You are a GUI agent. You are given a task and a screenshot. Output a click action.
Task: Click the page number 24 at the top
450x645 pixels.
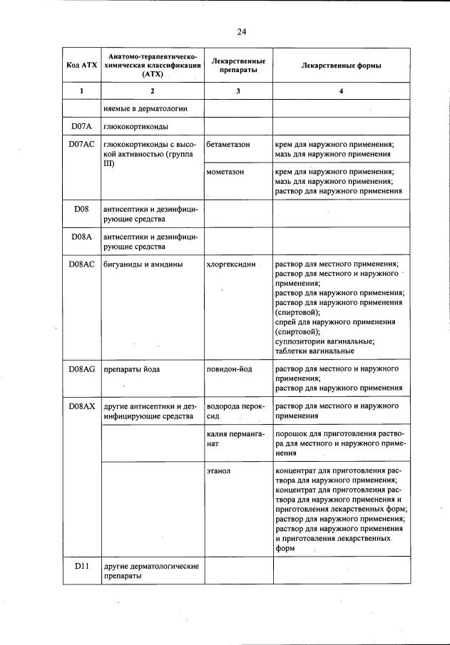coord(241,31)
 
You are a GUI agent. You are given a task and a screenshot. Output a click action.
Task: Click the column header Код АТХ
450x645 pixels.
coord(82,66)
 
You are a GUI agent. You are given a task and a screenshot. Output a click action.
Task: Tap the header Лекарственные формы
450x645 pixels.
coord(342,66)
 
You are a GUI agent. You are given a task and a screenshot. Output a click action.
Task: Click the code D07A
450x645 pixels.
coord(82,127)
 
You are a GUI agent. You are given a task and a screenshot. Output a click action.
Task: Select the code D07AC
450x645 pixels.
coord(82,145)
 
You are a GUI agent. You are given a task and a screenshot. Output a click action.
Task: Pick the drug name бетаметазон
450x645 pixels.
coord(227,145)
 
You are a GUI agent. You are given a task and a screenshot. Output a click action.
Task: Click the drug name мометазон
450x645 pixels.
coord(225,172)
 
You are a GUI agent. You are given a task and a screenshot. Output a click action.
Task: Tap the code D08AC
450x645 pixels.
coord(82,265)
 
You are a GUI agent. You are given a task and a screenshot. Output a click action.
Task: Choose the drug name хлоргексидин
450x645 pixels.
coord(231,265)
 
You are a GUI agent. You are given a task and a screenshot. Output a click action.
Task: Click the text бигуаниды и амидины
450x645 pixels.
coord(143,265)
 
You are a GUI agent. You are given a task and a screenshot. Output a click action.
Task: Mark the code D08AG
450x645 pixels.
coord(82,369)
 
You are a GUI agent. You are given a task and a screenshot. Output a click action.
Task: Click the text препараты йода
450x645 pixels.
coord(132,369)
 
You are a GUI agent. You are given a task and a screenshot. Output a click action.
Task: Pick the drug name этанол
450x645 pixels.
coord(218,472)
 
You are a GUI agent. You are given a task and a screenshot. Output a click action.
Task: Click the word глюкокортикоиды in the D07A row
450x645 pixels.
coord(136,127)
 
